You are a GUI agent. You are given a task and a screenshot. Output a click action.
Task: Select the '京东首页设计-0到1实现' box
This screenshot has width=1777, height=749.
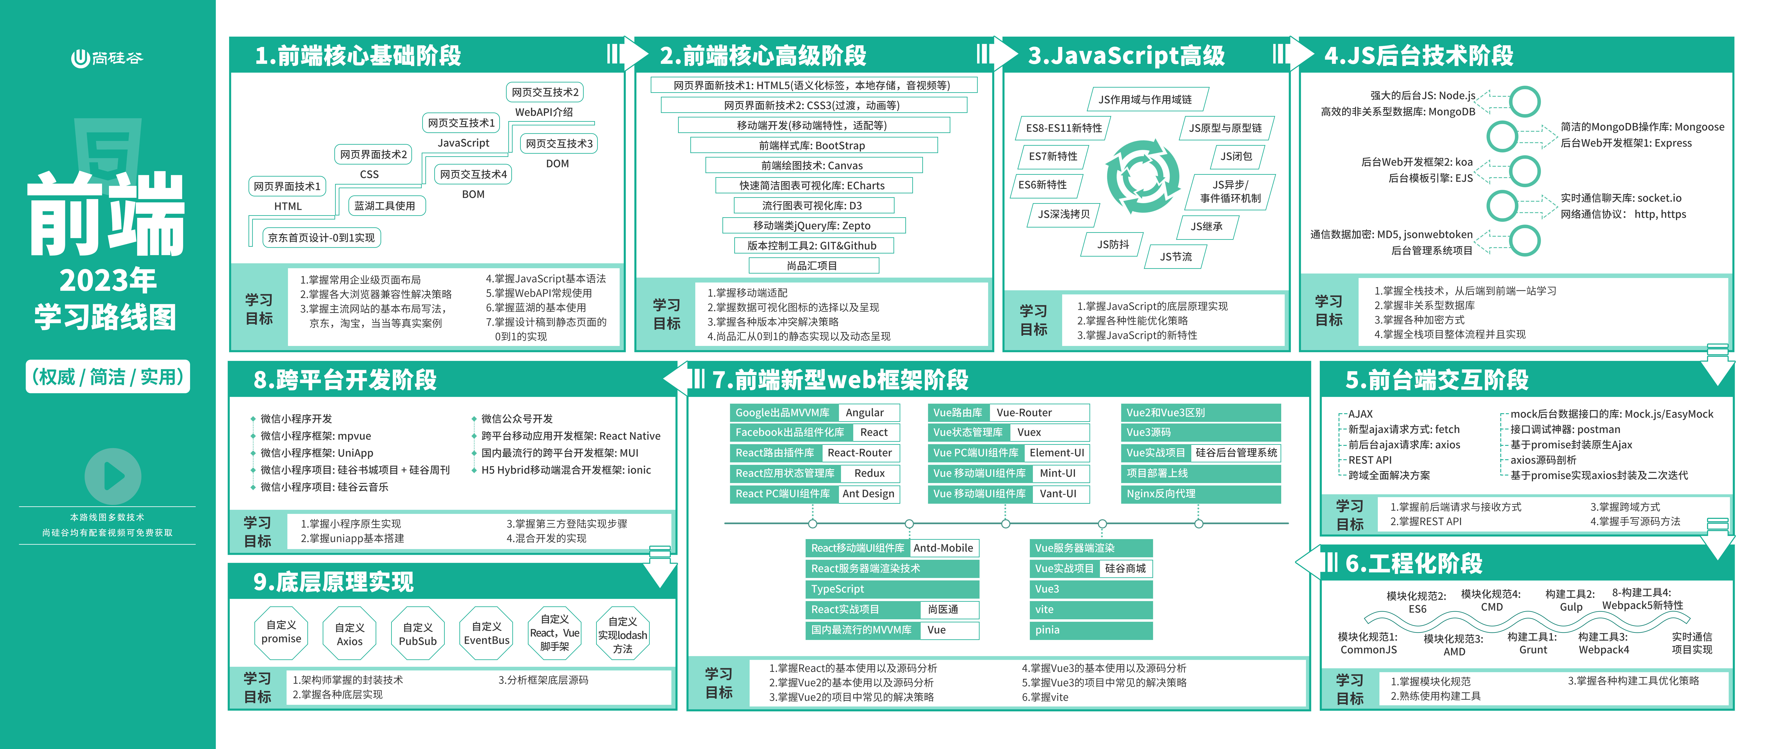(x=321, y=238)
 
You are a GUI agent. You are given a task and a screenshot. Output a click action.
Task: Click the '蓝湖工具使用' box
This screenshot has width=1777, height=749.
(x=385, y=206)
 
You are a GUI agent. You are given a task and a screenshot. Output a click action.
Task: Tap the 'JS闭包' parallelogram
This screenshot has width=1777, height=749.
(x=1237, y=157)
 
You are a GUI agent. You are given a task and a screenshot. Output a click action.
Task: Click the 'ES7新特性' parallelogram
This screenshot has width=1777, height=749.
(x=1053, y=157)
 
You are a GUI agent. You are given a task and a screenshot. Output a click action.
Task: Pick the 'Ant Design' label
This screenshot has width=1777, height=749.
(x=869, y=494)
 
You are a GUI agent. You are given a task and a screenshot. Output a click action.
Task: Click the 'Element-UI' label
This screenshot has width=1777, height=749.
(x=1057, y=453)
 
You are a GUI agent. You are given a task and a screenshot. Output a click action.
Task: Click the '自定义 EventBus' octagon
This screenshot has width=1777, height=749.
(x=486, y=633)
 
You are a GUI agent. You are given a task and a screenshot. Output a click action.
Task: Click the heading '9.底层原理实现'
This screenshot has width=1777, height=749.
(x=334, y=582)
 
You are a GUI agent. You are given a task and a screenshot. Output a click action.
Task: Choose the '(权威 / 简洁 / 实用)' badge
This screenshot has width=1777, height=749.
(x=108, y=377)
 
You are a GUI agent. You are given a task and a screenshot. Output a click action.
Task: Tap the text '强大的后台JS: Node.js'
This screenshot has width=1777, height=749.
(x=1422, y=95)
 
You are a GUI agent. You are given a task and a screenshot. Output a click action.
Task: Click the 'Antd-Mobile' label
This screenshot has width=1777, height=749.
(x=943, y=548)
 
